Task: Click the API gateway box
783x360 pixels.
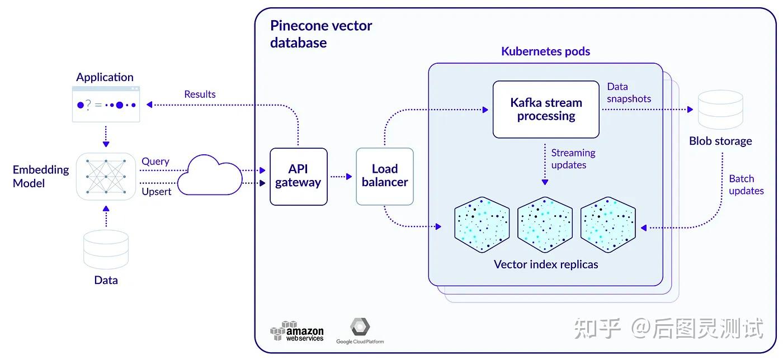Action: point(299,177)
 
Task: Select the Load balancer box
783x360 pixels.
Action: point(385,176)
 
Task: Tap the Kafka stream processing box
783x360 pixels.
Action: point(546,110)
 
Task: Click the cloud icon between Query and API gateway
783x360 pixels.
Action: point(210,175)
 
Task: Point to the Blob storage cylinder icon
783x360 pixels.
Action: point(720,110)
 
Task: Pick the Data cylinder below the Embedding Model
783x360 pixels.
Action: point(106,249)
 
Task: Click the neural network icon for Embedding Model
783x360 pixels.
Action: point(106,176)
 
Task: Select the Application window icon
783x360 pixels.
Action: point(106,104)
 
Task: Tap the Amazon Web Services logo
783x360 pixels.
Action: point(297,330)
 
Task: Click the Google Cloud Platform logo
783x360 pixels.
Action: point(360,330)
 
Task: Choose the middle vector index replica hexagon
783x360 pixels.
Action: point(545,224)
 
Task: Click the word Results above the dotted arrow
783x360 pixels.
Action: point(200,94)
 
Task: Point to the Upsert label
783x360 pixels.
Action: point(156,192)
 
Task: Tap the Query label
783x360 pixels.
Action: point(155,162)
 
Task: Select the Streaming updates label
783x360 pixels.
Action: point(573,159)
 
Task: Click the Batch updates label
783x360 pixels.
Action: point(746,184)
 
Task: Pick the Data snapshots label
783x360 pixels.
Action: point(629,93)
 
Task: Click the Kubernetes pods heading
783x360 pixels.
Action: point(546,51)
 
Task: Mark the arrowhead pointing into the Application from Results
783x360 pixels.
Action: point(149,105)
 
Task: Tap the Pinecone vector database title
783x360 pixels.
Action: point(321,34)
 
